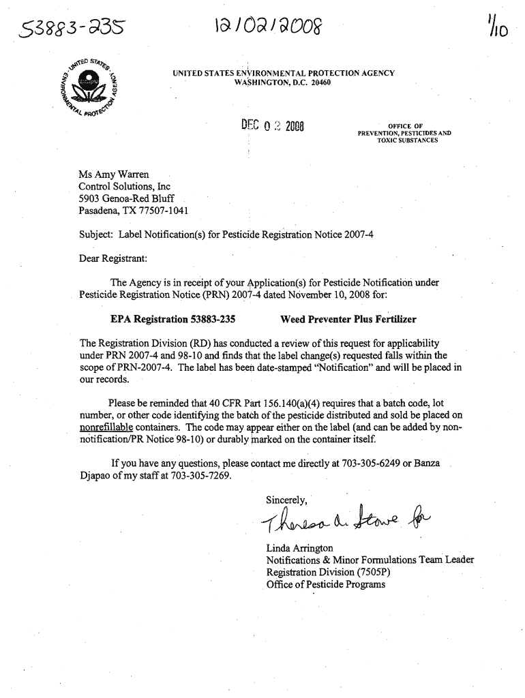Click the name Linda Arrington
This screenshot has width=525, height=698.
[x=299, y=548]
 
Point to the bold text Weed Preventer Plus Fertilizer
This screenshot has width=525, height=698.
[x=348, y=319]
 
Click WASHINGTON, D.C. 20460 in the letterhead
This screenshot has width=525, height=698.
[x=282, y=82]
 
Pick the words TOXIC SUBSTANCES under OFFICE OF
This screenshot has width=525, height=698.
[x=405, y=140]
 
